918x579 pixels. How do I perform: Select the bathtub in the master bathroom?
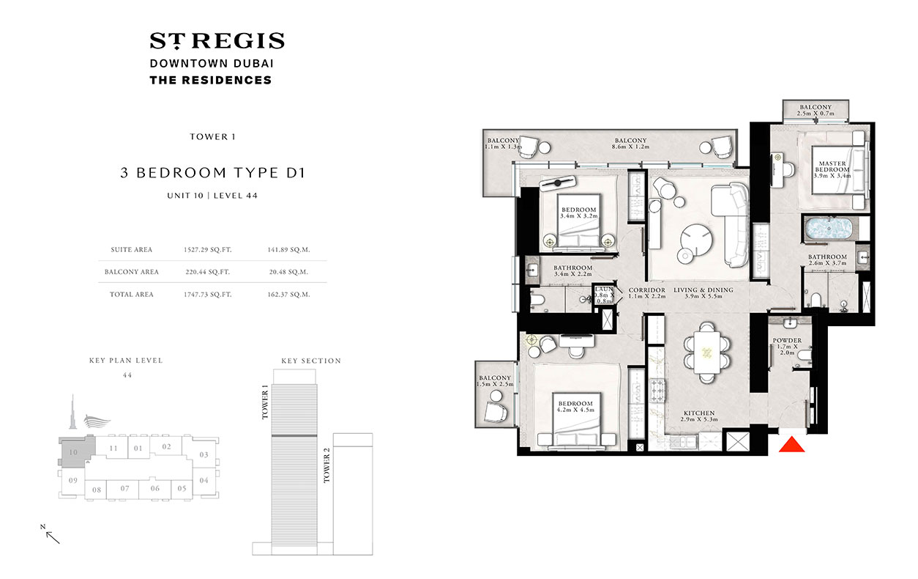(x=827, y=230)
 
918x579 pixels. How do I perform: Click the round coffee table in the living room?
(x=695, y=238)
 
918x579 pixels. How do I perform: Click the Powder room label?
(x=787, y=346)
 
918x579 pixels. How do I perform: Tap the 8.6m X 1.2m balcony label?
(x=630, y=144)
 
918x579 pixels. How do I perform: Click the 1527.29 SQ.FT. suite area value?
(x=207, y=249)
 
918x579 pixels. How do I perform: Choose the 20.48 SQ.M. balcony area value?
(x=288, y=271)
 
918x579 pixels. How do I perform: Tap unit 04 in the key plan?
(x=204, y=480)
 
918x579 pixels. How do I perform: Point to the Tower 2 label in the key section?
(x=327, y=466)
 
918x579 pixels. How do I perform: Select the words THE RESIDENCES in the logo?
(x=210, y=80)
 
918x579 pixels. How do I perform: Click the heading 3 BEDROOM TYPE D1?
(x=212, y=174)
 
